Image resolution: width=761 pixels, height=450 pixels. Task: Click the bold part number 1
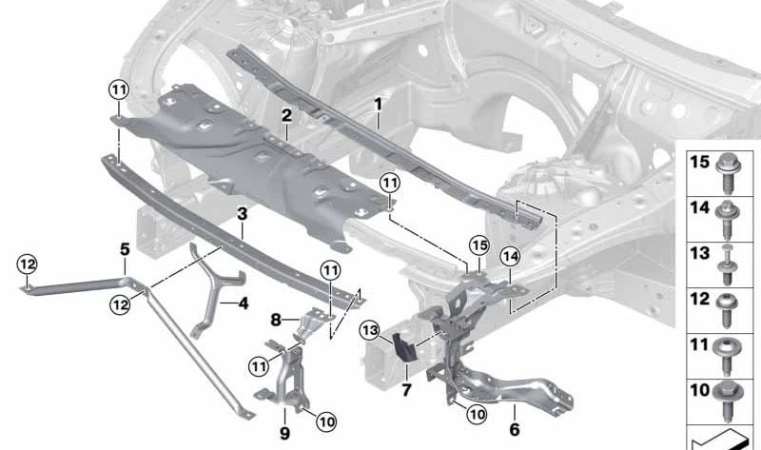[378, 105]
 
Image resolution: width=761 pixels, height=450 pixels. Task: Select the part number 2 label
[287, 115]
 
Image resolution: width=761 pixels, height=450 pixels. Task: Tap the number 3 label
[243, 214]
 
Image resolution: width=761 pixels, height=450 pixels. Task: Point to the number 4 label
[244, 303]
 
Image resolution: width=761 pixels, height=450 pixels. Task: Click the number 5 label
[125, 249]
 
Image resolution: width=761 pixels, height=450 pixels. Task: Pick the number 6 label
[515, 429]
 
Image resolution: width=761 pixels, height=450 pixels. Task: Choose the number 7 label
[406, 389]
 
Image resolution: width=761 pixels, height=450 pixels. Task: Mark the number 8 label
[276, 320]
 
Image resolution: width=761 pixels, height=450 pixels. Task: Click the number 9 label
[284, 433]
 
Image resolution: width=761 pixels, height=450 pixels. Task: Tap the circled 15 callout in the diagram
[479, 245]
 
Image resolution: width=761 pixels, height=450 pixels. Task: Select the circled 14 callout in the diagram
[510, 257]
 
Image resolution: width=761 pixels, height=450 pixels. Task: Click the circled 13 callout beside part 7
[370, 331]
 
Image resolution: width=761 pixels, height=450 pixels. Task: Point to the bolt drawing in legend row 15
[728, 173]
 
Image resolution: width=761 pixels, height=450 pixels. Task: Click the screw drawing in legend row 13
[727, 265]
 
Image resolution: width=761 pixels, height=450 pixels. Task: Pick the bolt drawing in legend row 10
[727, 401]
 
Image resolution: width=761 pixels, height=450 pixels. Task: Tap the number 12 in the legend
[700, 299]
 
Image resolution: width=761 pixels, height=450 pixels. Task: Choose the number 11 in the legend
[699, 344]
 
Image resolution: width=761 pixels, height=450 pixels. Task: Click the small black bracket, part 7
[403, 346]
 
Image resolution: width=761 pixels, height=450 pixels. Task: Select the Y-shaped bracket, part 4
[214, 290]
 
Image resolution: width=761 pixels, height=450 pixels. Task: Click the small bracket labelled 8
[311, 325]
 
